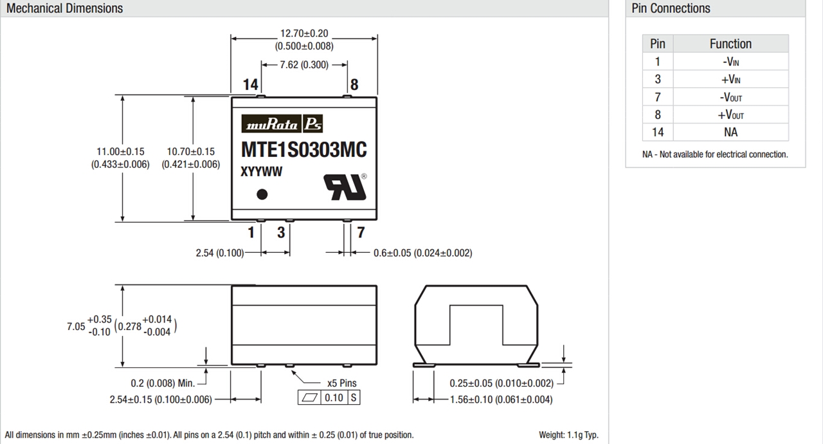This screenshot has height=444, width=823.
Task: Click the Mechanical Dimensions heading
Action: click(x=65, y=8)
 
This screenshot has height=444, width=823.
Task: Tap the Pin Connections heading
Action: click(x=671, y=8)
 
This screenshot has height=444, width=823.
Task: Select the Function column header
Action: click(x=730, y=44)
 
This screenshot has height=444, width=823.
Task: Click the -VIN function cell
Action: click(x=730, y=61)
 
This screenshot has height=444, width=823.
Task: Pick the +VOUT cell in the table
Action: click(x=730, y=115)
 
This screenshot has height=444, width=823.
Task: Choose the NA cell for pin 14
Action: click(x=730, y=132)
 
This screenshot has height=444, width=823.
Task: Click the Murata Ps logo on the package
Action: click(x=282, y=124)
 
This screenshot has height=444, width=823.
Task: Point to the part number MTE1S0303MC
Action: click(x=304, y=150)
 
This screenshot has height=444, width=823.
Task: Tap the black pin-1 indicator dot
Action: click(x=262, y=194)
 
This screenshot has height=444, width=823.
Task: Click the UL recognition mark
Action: click(x=345, y=187)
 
